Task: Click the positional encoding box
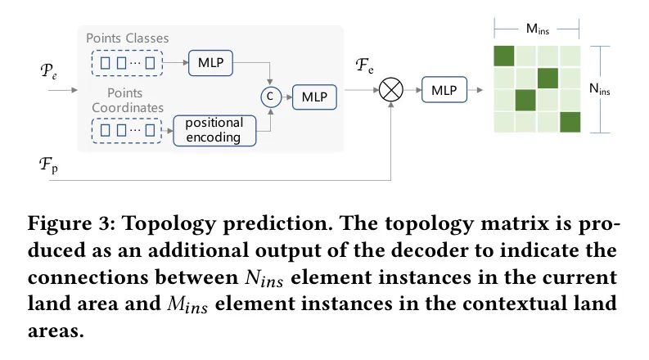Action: tap(214, 130)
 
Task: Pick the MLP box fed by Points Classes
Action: tap(211, 61)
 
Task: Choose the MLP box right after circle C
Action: tap(313, 97)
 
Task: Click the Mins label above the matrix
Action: tap(537, 29)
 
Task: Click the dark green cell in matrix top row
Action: tap(505, 56)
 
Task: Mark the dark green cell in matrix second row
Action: tap(548, 79)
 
